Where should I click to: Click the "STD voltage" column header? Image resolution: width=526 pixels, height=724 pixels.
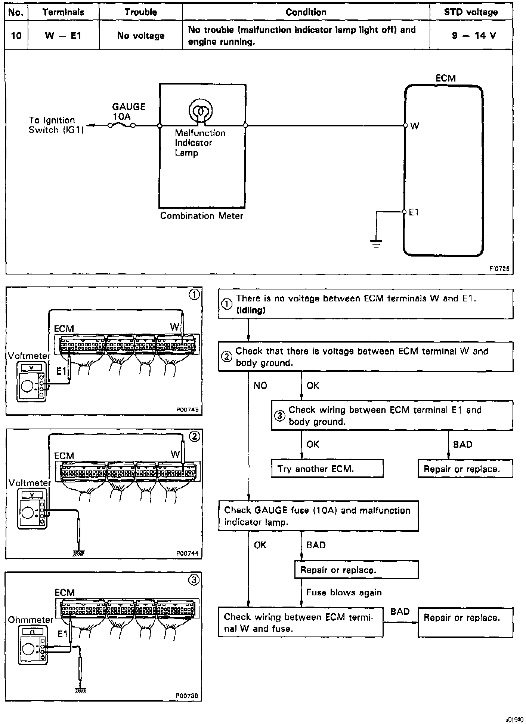[471, 12]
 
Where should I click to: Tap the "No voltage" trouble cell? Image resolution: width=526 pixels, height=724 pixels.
[141, 36]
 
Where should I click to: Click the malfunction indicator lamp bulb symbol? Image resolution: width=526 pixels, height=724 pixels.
[201, 111]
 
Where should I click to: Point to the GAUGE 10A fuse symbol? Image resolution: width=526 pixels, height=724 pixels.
[122, 126]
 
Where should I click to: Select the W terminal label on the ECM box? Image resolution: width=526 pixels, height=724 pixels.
[414, 126]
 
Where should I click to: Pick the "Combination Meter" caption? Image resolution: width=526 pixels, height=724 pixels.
[201, 216]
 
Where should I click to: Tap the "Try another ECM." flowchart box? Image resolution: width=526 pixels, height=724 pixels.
[327, 469]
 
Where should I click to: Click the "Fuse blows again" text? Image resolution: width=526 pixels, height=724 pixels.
[344, 592]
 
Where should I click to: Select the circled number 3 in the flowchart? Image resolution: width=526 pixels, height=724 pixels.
[280, 415]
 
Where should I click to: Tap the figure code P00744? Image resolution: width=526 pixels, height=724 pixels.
[187, 553]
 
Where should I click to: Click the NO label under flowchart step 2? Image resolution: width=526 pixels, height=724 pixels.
[260, 386]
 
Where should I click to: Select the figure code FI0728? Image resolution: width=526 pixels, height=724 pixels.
[499, 268]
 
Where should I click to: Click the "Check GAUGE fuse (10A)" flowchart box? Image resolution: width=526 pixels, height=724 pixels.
[318, 516]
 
